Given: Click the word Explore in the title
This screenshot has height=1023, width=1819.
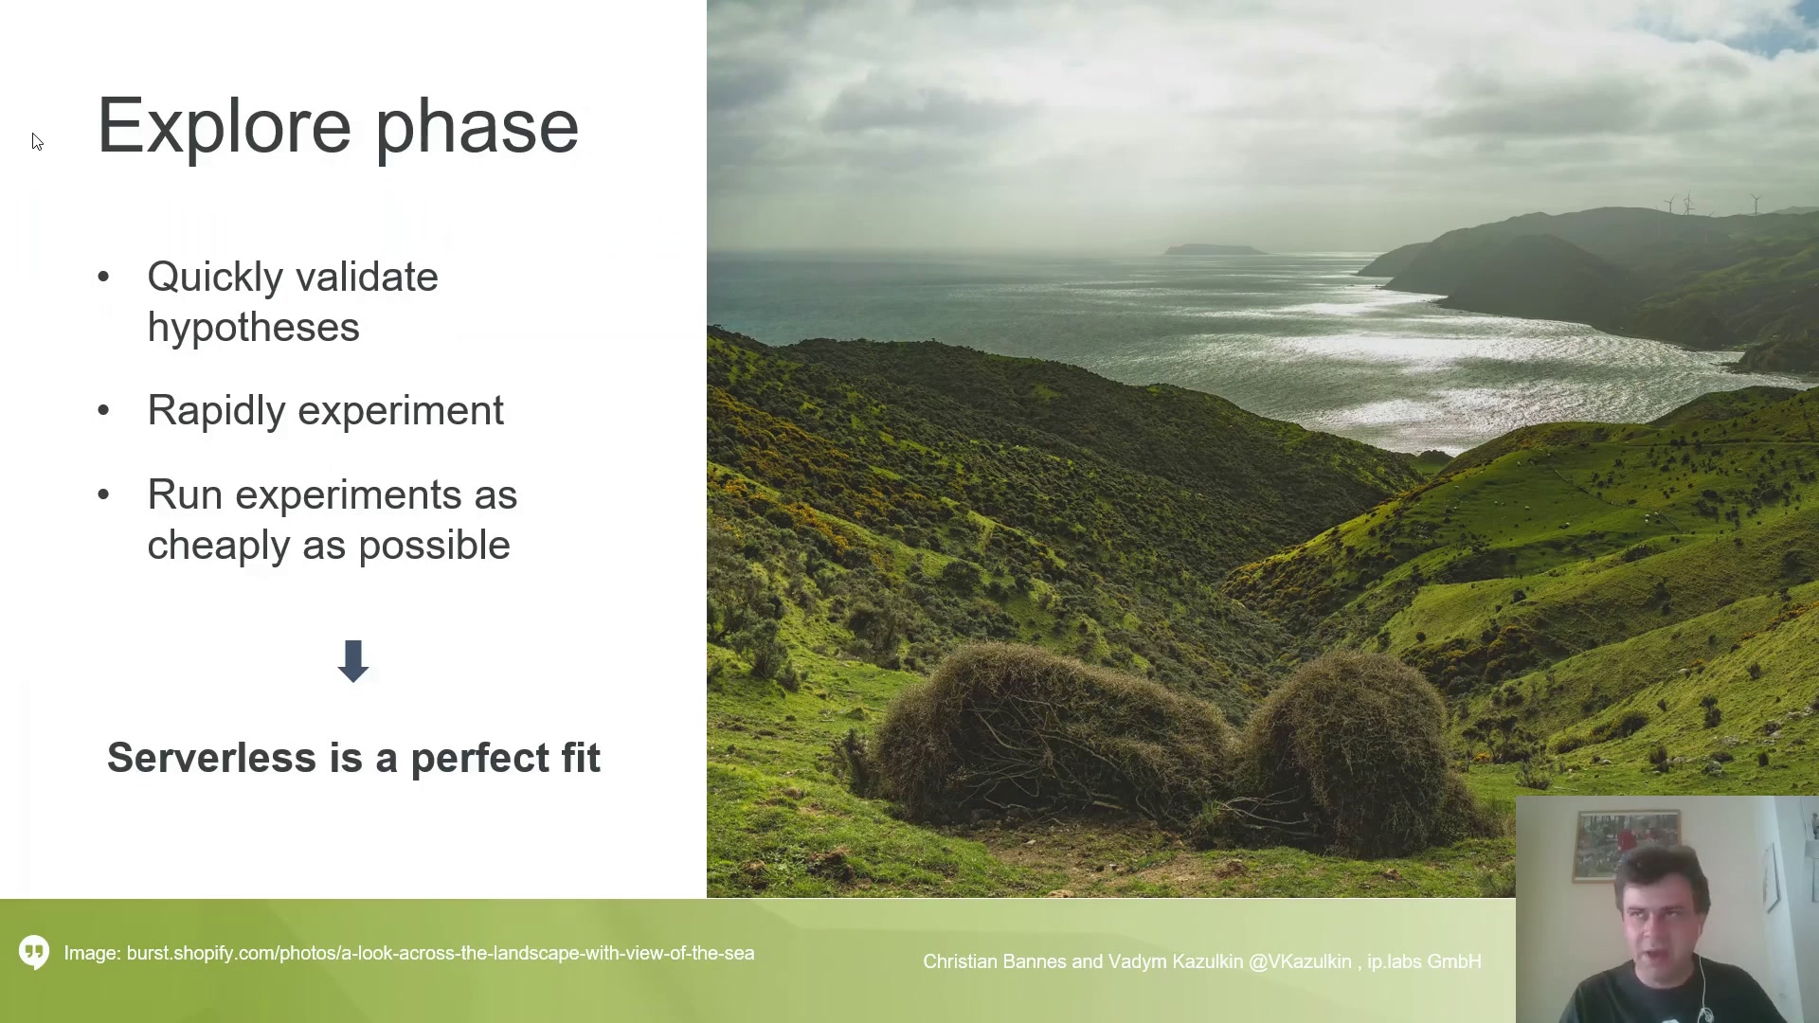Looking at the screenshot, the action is (x=225, y=126).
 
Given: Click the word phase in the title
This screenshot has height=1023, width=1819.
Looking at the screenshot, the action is (x=477, y=126).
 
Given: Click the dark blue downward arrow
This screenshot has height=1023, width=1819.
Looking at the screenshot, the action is (x=353, y=661).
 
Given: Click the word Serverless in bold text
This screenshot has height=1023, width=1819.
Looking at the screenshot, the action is (x=211, y=758).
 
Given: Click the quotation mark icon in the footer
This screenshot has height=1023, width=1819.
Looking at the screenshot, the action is (x=34, y=952).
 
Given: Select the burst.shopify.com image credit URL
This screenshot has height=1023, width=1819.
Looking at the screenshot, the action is (x=441, y=954).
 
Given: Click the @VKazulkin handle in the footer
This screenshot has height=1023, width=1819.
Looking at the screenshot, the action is (x=1300, y=961).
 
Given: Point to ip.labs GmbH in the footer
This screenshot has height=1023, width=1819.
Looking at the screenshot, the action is (x=1424, y=961).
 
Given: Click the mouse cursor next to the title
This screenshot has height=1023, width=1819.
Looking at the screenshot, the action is (x=37, y=142).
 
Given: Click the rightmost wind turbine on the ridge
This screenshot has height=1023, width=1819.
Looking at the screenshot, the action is (x=1756, y=203).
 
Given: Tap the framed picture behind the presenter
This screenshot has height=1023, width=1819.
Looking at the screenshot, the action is (x=1627, y=844).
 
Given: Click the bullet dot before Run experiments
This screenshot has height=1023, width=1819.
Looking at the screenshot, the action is (x=103, y=494).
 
